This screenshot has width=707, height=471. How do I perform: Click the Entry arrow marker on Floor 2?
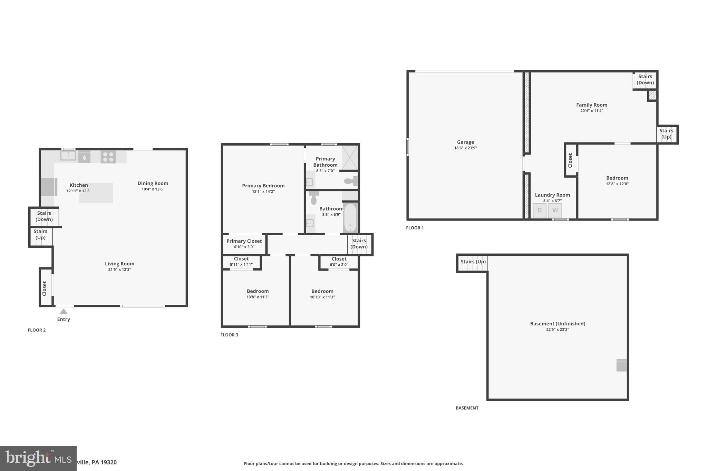click(x=64, y=311)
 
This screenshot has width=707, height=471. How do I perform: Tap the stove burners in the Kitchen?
click(x=108, y=157)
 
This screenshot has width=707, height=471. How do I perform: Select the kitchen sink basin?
click(x=68, y=156)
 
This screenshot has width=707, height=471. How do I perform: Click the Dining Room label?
click(x=153, y=183)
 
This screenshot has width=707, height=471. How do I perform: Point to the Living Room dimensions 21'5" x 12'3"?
click(x=119, y=269)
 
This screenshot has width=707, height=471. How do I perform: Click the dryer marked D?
click(x=539, y=210)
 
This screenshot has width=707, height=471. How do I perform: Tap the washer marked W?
click(x=555, y=210)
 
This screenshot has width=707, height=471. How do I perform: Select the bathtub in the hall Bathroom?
click(x=350, y=218)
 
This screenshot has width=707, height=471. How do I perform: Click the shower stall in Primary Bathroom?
click(x=350, y=157)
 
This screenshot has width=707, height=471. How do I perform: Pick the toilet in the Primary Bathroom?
click(x=350, y=181)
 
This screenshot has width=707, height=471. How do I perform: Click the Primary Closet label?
click(x=244, y=241)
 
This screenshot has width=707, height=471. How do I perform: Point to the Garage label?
click(x=465, y=142)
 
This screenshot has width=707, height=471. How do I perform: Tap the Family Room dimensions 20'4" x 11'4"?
click(x=591, y=111)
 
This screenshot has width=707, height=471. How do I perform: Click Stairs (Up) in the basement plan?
click(x=473, y=262)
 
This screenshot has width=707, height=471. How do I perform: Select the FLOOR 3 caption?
click(x=229, y=335)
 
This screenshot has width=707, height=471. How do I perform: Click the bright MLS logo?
click(x=38, y=458)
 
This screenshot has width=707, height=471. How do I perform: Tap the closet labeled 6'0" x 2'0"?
click(x=339, y=262)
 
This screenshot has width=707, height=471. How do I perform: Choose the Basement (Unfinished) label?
click(x=558, y=324)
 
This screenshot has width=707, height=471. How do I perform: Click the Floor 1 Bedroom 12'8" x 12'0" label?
click(x=617, y=178)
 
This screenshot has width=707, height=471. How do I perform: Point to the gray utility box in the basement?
click(x=621, y=365)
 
